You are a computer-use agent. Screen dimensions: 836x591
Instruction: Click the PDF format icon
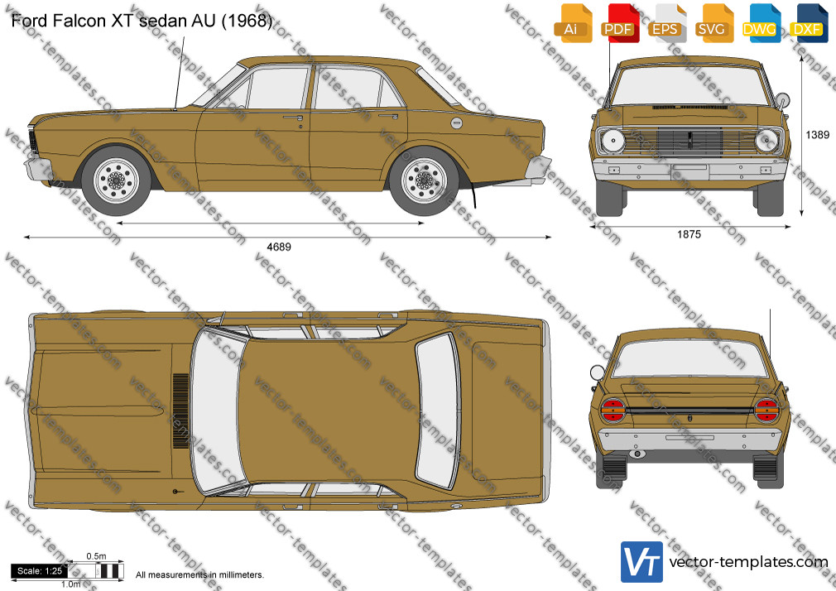coord(618,22)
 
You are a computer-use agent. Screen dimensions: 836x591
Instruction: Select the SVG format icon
coord(712,22)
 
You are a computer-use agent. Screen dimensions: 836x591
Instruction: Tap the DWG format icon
coord(759,22)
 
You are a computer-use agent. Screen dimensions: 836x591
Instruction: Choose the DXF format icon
coord(807,22)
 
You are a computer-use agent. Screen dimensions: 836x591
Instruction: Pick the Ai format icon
coord(571,22)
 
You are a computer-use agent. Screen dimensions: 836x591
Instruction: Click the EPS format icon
coord(665,22)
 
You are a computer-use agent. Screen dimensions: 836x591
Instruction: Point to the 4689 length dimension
coord(279,247)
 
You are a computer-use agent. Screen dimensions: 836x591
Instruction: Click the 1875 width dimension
coord(689,234)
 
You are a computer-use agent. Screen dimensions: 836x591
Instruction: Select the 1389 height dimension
coord(817,136)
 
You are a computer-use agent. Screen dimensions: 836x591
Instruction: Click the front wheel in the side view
coord(116,180)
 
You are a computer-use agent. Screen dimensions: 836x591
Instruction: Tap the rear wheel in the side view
coord(424,180)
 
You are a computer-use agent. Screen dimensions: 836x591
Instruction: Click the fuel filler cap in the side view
coord(456,123)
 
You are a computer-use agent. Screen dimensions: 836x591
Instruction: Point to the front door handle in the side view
coord(293,118)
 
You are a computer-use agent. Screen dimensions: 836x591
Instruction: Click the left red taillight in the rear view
coord(613,411)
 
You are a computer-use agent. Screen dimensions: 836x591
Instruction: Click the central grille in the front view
coord(690,141)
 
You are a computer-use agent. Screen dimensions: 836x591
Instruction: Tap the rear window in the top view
coord(438,410)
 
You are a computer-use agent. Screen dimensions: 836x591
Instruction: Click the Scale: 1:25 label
coord(40,571)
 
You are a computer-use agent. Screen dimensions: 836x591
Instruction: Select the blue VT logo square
coord(642,562)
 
